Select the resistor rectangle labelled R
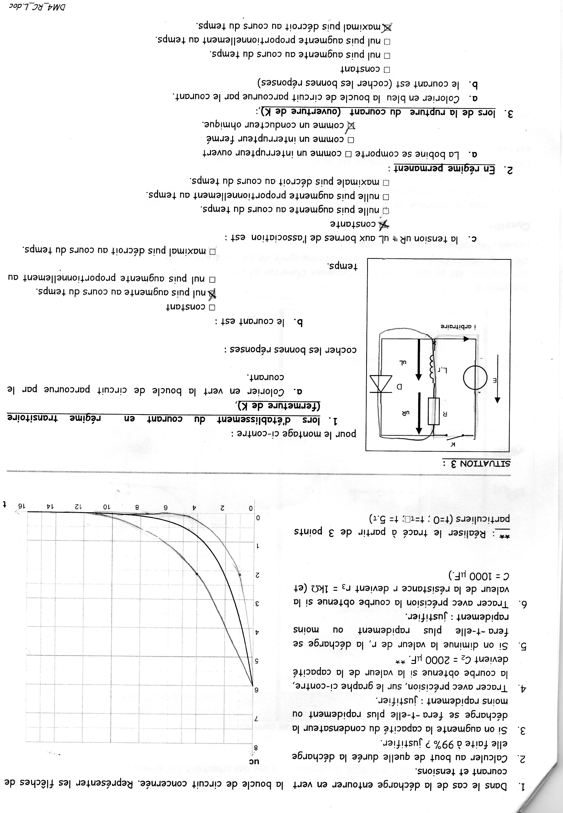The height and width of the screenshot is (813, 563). click(434, 411)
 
